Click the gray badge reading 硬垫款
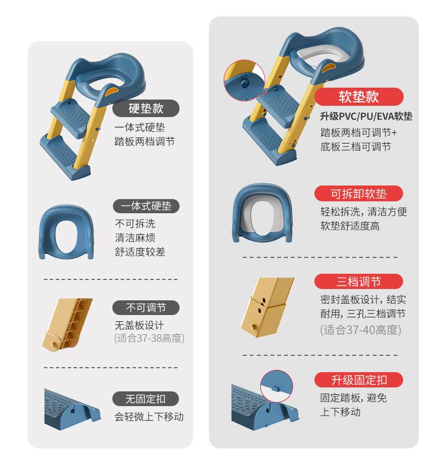[x=146, y=108]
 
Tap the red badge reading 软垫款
[x=358, y=97]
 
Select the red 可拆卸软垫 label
[x=358, y=193]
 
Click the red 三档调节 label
[x=358, y=282]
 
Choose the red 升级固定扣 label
[x=358, y=380]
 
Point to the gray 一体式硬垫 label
[x=146, y=206]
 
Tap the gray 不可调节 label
[x=146, y=308]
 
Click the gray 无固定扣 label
[x=146, y=399]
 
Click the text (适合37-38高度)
[x=149, y=338]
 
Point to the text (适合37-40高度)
[x=360, y=330]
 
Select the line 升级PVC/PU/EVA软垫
[x=366, y=116]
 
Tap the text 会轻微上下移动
[x=149, y=417]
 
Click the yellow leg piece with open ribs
[x=67, y=324]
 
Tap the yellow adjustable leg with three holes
[x=268, y=307]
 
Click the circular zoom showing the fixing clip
[x=277, y=387]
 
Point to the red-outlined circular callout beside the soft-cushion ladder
[x=244, y=80]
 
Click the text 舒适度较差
[x=140, y=252]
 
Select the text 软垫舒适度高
[x=350, y=226]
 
